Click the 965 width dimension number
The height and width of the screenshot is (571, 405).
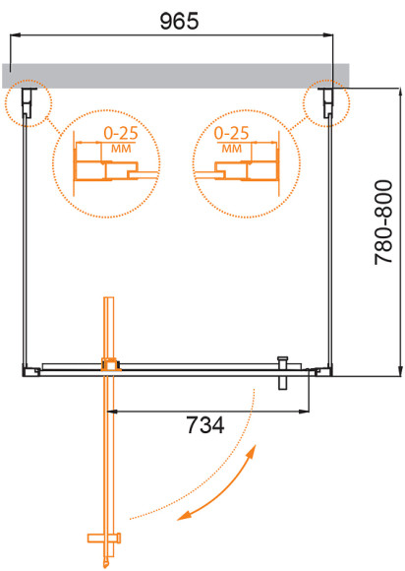[x=176, y=19]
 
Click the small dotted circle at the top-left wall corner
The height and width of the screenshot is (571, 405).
[x=27, y=102]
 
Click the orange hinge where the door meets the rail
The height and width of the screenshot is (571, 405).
[x=110, y=365]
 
